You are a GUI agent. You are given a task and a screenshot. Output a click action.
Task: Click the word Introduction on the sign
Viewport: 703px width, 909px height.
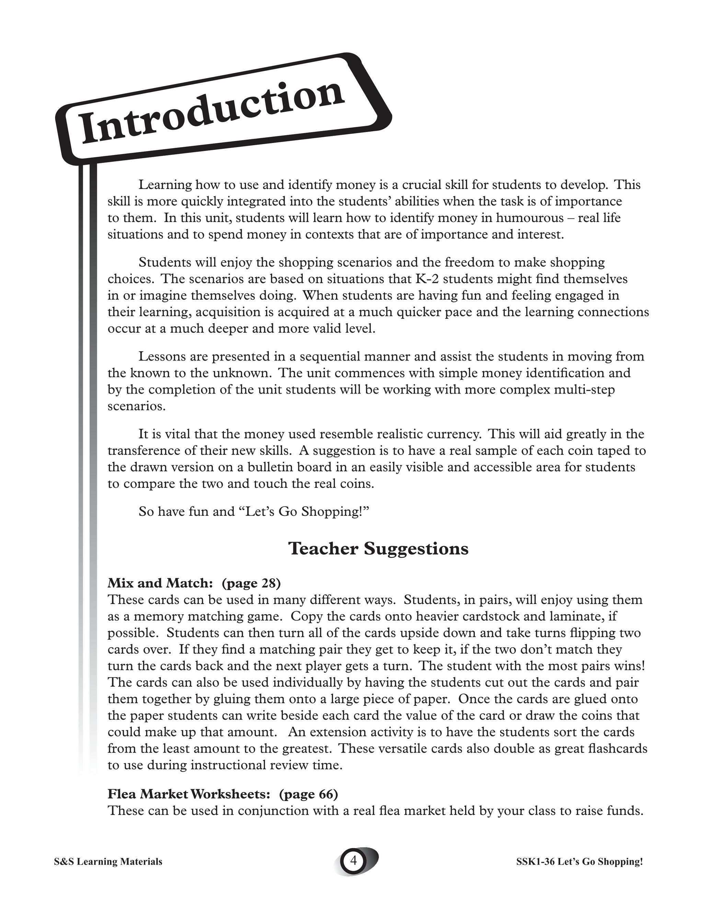[x=212, y=113]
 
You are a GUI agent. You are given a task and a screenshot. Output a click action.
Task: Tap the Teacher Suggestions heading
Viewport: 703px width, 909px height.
[x=378, y=548]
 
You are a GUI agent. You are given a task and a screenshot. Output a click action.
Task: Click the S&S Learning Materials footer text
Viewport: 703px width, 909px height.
[x=108, y=862]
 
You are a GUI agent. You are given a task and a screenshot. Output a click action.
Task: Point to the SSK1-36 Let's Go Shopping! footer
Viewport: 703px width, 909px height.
[x=579, y=862]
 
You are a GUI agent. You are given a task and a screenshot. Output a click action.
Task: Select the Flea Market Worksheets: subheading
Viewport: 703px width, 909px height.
[x=189, y=794]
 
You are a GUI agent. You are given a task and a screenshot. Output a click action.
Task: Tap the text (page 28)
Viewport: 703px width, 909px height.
[x=252, y=583]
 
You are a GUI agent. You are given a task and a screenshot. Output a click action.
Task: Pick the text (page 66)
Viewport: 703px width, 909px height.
[x=308, y=794]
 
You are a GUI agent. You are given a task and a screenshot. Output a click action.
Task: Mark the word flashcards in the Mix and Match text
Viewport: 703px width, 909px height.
[x=615, y=749]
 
